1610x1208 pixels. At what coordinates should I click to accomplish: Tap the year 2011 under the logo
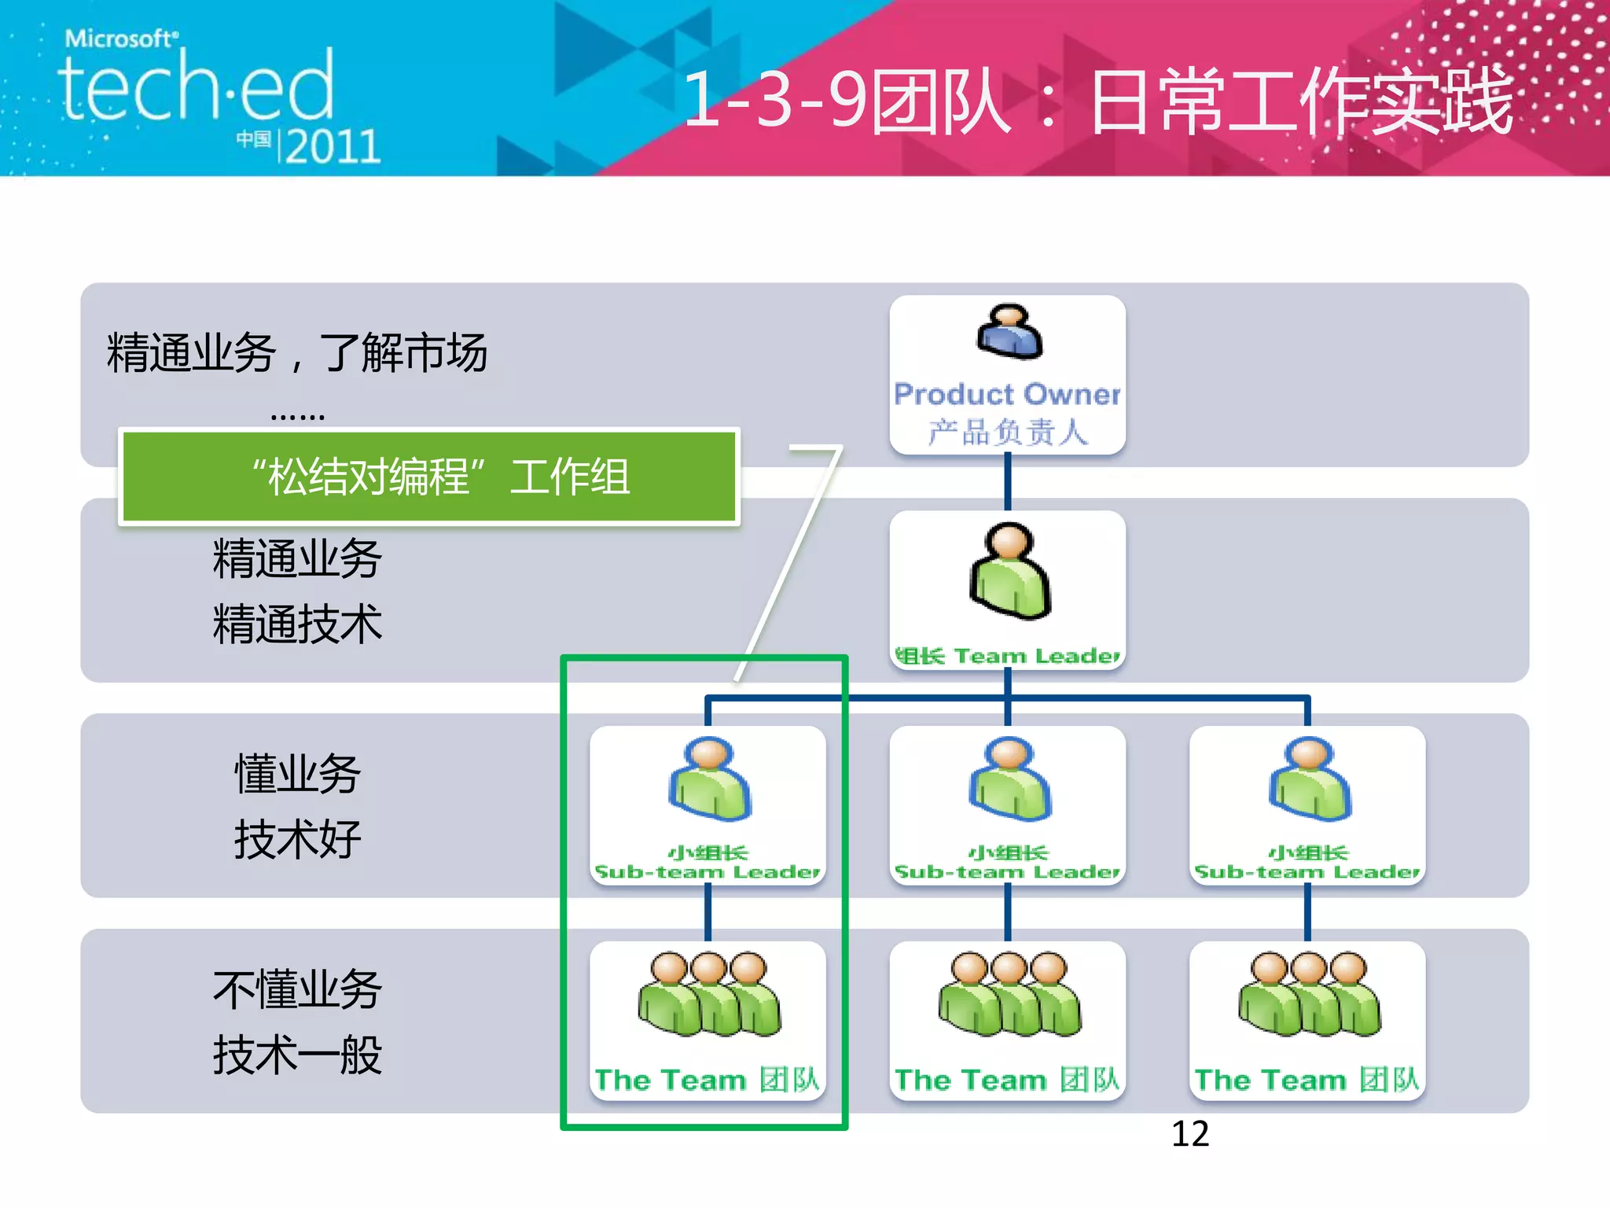click(333, 147)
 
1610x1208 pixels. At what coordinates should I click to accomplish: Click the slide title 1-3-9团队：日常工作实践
click(1097, 101)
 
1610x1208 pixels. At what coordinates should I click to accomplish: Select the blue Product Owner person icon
click(1009, 332)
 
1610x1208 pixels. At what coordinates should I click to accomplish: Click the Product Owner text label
click(1007, 394)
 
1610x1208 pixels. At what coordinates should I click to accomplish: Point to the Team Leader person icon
click(1009, 572)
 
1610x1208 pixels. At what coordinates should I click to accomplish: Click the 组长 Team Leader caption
click(1007, 656)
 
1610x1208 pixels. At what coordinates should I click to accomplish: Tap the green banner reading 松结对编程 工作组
click(429, 477)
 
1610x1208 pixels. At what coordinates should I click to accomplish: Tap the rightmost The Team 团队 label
click(1307, 1080)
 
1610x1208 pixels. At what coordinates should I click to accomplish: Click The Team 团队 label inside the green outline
click(708, 1080)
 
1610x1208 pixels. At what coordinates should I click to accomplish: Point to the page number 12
click(1190, 1134)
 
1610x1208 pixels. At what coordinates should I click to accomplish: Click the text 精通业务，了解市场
click(297, 352)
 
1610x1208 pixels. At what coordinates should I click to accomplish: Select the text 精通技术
click(297, 624)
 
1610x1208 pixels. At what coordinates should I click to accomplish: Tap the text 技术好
click(297, 839)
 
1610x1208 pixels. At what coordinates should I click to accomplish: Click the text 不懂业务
click(297, 989)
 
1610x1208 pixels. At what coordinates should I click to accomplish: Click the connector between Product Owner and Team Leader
click(1008, 482)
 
